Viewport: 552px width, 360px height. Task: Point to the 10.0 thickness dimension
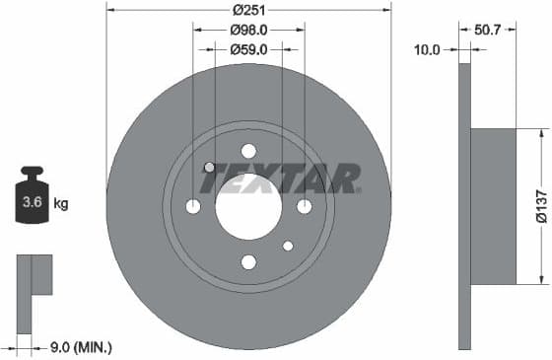426,47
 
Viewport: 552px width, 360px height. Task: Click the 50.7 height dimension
487,29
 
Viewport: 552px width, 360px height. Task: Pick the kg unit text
61,204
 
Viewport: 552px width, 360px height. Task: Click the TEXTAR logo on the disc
282,179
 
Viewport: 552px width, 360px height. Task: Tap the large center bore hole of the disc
248,206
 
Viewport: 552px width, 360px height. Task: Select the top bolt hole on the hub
248,151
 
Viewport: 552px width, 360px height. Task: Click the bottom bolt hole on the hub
248,261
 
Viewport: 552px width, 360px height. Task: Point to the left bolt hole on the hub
193,206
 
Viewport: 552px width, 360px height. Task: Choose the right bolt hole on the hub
304,206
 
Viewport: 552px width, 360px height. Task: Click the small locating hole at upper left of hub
209,167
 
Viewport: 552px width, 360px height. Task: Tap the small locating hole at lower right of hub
288,246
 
